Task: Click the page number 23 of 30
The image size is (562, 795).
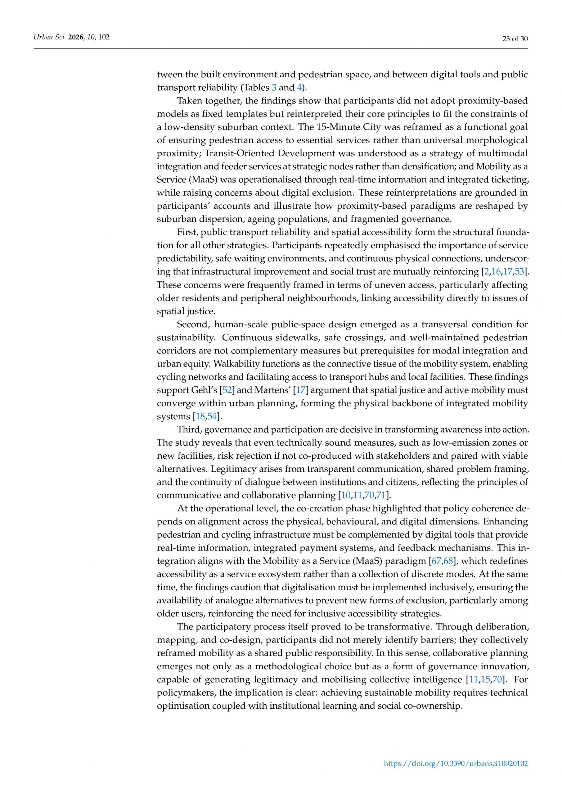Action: (515, 39)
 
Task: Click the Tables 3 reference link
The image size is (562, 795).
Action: (274, 87)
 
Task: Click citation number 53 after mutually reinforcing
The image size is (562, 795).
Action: (519, 272)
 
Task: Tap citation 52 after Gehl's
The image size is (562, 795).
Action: (227, 390)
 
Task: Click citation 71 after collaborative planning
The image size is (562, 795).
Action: (381, 496)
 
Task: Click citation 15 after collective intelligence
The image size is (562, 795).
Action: (485, 680)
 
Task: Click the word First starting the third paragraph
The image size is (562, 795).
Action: (187, 232)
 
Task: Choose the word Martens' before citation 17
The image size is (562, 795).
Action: (273, 390)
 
